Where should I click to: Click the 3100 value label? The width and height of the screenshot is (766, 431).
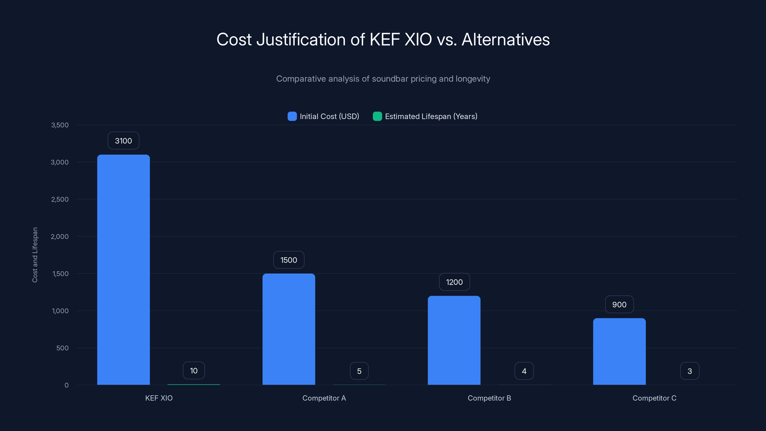coord(124,141)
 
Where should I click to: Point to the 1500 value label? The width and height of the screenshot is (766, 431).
coord(289,260)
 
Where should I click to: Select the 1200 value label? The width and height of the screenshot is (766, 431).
coord(454,282)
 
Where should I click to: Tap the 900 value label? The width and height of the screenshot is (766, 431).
coord(620,304)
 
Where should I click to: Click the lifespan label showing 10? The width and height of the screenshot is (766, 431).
coord(194,371)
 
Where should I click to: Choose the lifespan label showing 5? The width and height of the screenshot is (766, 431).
coord(359,371)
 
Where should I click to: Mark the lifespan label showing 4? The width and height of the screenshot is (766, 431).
coord(524,371)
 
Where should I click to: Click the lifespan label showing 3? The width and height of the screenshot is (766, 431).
coord(690,371)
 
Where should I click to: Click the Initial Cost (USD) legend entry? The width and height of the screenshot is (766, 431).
coord(324,116)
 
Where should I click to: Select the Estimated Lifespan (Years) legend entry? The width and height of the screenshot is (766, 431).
coord(425,116)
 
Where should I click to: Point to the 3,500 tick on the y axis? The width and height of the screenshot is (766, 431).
coord(60,125)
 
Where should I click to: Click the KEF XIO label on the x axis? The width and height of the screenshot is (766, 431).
coord(159,398)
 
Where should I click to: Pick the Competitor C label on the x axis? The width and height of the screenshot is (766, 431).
coord(654,398)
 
